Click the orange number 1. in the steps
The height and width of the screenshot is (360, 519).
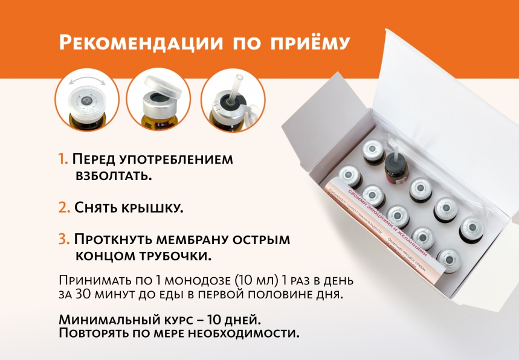[63, 159]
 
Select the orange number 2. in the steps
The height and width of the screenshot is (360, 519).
[65, 207]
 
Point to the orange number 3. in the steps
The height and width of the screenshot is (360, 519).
[65, 239]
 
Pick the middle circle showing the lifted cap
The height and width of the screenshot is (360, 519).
[159, 99]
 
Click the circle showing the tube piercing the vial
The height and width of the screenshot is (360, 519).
[231, 99]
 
